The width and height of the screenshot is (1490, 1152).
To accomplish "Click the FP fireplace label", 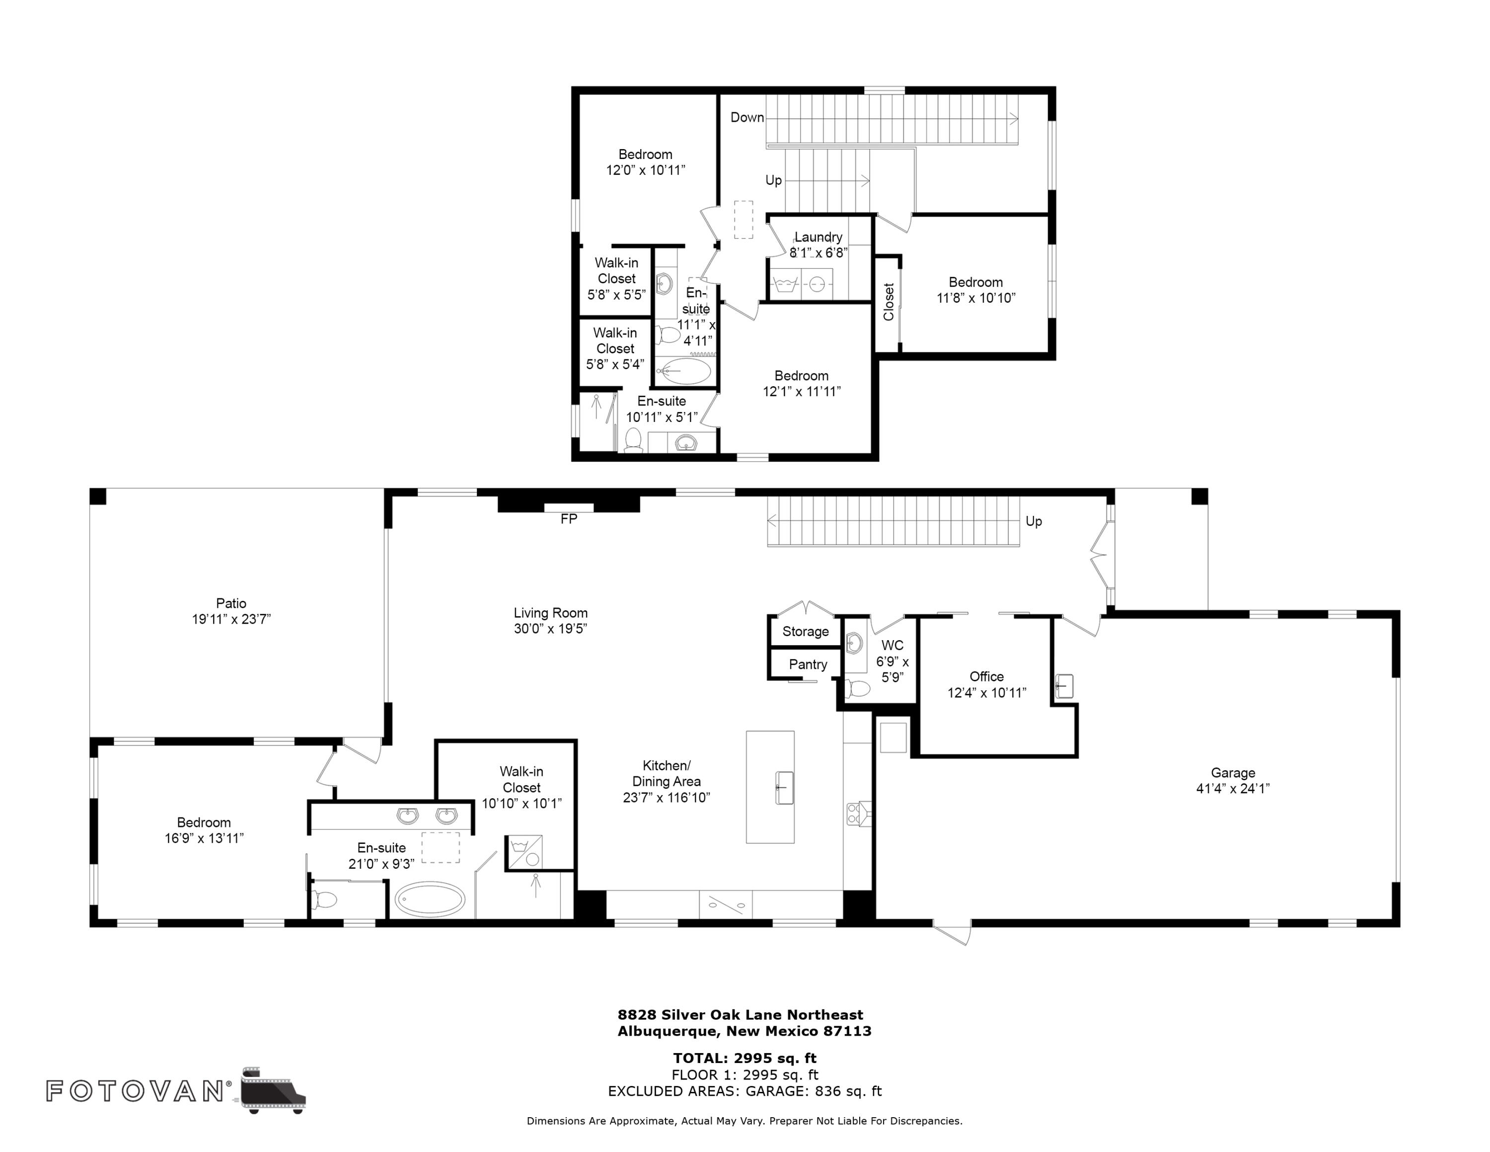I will tap(568, 519).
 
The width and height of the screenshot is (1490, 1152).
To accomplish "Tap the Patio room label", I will tap(231, 603).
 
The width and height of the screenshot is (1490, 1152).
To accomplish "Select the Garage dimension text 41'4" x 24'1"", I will tap(1232, 788).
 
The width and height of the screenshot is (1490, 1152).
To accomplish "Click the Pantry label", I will tap(808, 664).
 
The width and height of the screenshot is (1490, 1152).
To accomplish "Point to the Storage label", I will tap(805, 631).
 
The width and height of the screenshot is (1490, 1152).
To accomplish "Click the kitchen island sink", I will tap(785, 788).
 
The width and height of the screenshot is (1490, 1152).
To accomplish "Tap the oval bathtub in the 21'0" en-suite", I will tap(430, 900).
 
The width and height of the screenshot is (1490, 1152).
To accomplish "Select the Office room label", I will tap(986, 676).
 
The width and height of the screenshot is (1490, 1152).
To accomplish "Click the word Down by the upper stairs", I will tap(747, 117).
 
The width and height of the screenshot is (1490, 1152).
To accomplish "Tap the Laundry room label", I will tap(818, 237).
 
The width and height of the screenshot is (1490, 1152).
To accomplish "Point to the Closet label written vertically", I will tap(888, 302).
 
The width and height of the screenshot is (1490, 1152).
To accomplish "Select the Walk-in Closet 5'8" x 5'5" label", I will tap(616, 278).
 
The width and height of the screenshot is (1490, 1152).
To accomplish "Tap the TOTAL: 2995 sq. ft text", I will tap(745, 1058).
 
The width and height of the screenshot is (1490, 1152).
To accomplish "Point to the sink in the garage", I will tap(1063, 686).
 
